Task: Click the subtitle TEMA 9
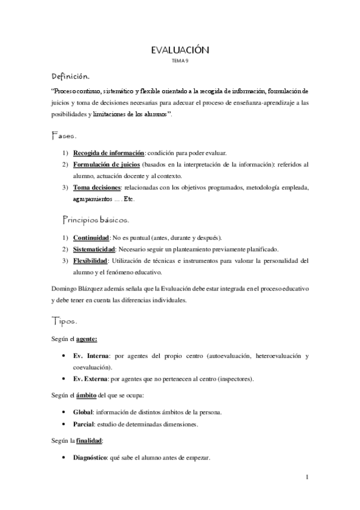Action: (180, 61)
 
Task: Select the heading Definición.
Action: (71, 77)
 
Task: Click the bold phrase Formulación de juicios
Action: (107, 164)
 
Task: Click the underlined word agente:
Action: (87, 339)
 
